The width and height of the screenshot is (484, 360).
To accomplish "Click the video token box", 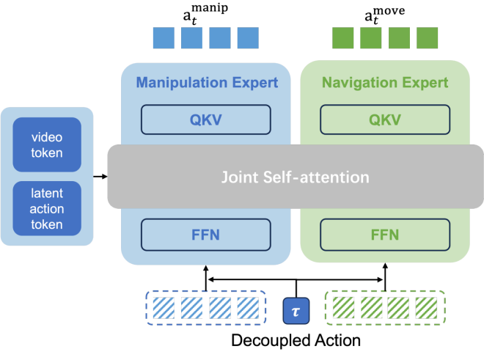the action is click(47, 144).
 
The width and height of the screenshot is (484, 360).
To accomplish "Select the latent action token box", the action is click(47, 208).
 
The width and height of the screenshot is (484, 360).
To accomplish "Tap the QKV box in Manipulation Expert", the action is click(206, 120).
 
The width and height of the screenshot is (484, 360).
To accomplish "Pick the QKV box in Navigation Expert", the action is click(385, 120).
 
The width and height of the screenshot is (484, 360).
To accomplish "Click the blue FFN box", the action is click(206, 235).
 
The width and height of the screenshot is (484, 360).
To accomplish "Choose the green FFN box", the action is click(385, 235).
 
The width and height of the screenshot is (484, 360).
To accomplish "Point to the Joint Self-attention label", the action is click(296, 177).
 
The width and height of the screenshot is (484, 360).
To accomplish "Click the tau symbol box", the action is click(296, 311).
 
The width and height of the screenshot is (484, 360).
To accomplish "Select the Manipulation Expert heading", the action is click(207, 83).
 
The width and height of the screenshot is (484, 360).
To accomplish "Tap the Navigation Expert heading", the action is click(385, 83).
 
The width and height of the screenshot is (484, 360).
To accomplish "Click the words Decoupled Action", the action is click(296, 340).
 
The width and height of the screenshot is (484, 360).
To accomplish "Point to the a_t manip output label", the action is click(205, 14).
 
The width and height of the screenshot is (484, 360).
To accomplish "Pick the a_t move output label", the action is click(384, 15).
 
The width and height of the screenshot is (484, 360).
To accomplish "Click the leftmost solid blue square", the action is click(164, 38).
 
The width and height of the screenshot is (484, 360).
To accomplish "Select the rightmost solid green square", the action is click(428, 38).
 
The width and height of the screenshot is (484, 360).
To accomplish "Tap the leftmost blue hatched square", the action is click(164, 308).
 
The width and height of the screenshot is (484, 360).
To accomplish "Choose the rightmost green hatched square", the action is click(426, 308).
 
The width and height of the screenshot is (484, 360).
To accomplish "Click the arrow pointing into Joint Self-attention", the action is click(100, 177).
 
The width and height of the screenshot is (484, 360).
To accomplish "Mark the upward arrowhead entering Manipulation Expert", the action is click(206, 268).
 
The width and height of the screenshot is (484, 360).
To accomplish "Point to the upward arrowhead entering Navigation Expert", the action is click(385, 266).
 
